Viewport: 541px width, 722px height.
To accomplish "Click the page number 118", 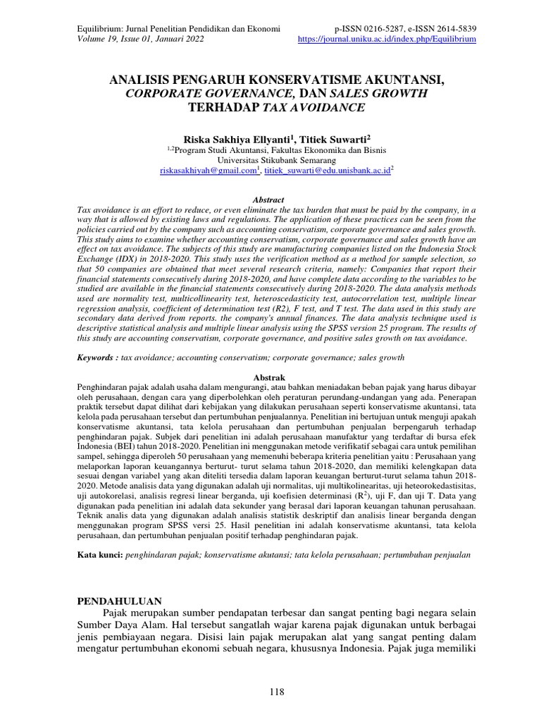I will click(276, 692).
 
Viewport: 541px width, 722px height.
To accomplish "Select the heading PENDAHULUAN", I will click(119, 601).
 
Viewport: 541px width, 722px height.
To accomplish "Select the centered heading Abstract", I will click(270, 201).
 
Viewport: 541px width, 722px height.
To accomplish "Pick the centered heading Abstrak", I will click(270, 378).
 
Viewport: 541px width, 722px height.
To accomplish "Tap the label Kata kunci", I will click(99, 556).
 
